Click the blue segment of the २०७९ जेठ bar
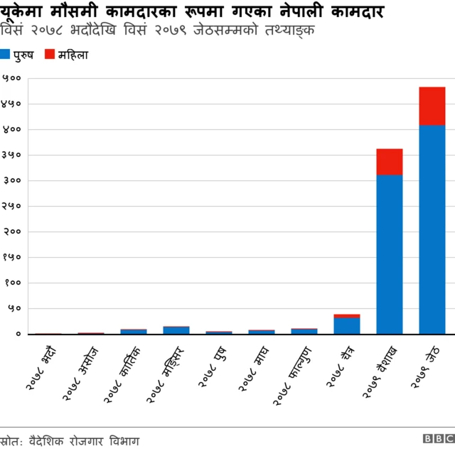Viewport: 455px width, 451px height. pos(432,229)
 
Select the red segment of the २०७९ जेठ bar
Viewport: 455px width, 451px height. pos(432,106)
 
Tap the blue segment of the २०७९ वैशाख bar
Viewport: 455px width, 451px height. pos(389,254)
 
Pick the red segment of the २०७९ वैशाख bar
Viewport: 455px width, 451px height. pos(389,161)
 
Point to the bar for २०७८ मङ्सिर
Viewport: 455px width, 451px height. pos(176,330)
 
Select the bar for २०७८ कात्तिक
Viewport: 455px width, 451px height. pos(133,331)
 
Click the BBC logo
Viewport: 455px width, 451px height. pos(438,440)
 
